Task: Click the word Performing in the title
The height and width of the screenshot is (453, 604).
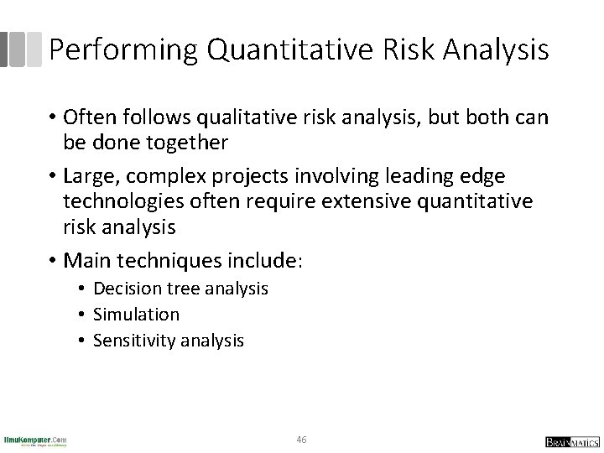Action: [122, 50]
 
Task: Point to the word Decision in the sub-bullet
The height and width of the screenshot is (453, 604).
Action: [126, 289]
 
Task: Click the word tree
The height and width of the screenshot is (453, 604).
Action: [178, 289]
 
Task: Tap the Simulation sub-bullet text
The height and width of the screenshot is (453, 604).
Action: [136, 315]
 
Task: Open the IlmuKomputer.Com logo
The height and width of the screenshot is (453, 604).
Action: [36, 440]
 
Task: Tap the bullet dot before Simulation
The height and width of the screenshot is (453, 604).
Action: [84, 315]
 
